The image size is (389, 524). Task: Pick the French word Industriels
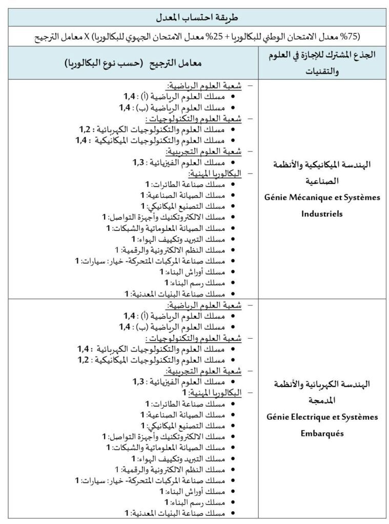click(x=322, y=213)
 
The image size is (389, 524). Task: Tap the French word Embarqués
click(x=322, y=432)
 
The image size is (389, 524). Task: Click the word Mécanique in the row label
click(x=315, y=197)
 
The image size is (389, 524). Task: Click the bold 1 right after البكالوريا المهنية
click(x=185, y=392)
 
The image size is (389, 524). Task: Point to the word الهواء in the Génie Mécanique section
click(x=149, y=239)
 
